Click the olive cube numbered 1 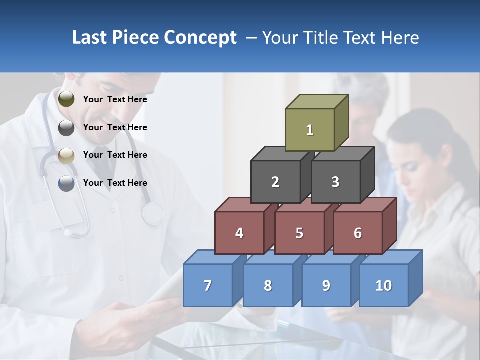click(310, 130)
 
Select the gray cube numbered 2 click(275, 182)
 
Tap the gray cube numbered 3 click(335, 182)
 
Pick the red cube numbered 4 click(239, 233)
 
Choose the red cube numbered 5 click(299, 233)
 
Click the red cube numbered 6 click(358, 233)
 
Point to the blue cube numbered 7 click(208, 285)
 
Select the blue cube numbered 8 click(268, 285)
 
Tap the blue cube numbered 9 click(326, 285)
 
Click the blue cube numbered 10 click(384, 285)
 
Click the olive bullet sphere click(66, 99)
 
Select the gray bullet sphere click(66, 128)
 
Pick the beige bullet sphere click(66, 156)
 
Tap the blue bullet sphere click(66, 183)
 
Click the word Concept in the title click(200, 38)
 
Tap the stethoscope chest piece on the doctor click(152, 213)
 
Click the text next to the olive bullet click(115, 99)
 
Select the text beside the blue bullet click(115, 183)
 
